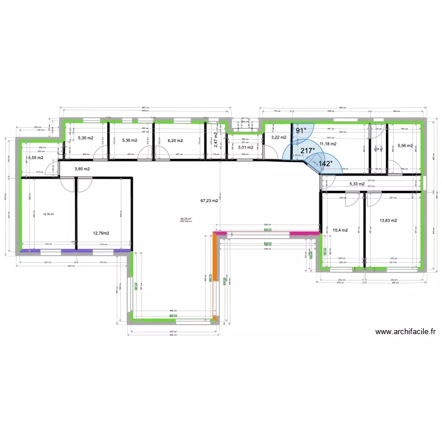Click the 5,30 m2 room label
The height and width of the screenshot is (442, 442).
(x=85, y=139)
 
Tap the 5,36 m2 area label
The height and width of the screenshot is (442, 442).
(x=130, y=140)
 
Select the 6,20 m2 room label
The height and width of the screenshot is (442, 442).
(x=175, y=141)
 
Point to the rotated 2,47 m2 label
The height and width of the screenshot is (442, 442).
(x=216, y=139)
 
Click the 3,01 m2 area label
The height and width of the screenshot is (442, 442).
(x=245, y=147)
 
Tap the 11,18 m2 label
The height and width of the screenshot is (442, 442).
(x=328, y=143)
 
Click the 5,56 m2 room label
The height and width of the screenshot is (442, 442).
(x=405, y=146)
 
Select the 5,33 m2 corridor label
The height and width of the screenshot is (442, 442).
(x=358, y=184)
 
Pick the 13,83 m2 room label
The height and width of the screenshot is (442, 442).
(x=388, y=220)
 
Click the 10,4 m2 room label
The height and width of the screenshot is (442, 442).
(x=340, y=230)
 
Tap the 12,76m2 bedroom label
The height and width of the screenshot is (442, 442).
(x=102, y=233)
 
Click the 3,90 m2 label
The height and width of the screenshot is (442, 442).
(x=82, y=169)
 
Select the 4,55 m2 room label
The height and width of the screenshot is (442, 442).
(x=35, y=158)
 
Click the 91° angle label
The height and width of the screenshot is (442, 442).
(x=301, y=130)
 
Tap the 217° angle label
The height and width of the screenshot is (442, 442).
(x=307, y=151)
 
